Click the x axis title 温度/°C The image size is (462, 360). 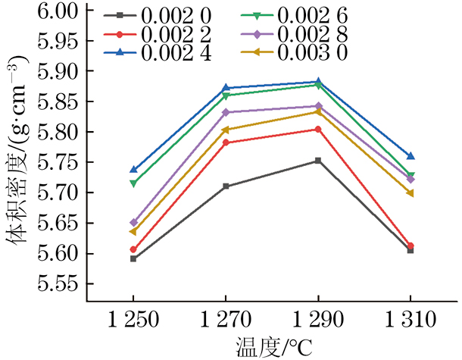[273, 347]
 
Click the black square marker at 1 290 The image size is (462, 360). [318, 161]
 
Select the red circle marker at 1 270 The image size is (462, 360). [226, 142]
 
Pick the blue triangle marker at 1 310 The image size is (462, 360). [410, 156]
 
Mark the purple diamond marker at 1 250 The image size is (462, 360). [133, 223]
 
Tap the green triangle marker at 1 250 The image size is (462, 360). [133, 183]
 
